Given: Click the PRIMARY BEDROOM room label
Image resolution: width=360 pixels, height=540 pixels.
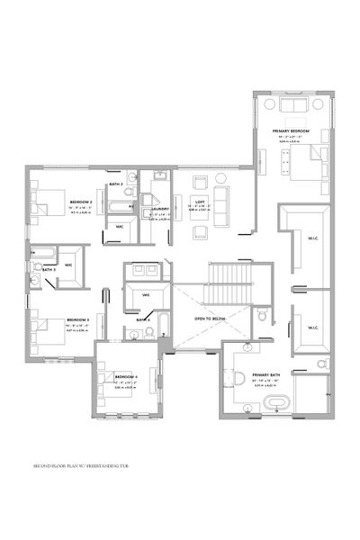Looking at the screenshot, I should coord(291,131).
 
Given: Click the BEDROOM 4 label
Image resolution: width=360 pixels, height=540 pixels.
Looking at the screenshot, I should coord(124,376).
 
